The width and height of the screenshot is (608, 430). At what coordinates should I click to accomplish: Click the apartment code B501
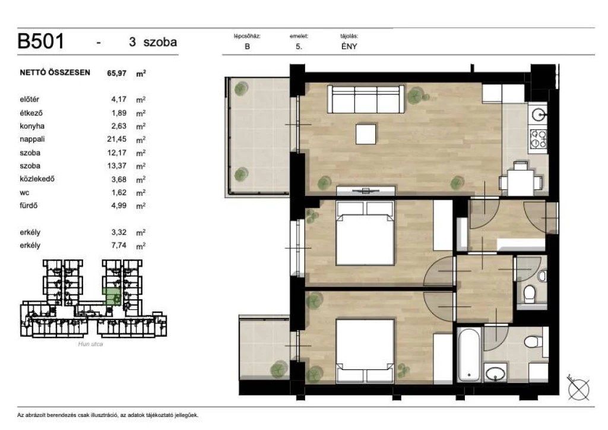click(41, 41)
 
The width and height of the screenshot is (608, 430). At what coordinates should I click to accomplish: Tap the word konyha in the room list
click(32, 126)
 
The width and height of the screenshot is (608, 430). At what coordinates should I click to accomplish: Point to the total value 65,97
click(117, 73)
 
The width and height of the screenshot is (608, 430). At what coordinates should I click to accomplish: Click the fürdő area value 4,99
click(119, 205)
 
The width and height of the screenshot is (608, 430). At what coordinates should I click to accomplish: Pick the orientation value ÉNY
click(349, 46)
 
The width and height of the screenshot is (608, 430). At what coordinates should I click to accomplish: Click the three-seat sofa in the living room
click(366, 99)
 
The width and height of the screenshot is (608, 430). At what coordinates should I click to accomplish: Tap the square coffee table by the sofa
click(366, 134)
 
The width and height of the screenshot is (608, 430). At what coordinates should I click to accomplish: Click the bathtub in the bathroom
click(470, 355)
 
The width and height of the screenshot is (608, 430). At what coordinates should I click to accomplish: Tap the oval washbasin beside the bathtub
click(495, 374)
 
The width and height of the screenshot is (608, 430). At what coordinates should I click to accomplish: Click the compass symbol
click(578, 387)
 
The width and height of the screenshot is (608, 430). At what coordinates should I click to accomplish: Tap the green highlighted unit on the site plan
click(111, 297)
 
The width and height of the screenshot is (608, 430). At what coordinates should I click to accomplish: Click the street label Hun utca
click(90, 344)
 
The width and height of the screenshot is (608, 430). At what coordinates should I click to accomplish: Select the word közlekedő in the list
click(37, 179)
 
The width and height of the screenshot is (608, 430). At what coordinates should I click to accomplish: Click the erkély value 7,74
click(119, 245)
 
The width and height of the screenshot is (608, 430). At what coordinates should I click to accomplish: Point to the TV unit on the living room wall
click(366, 191)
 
